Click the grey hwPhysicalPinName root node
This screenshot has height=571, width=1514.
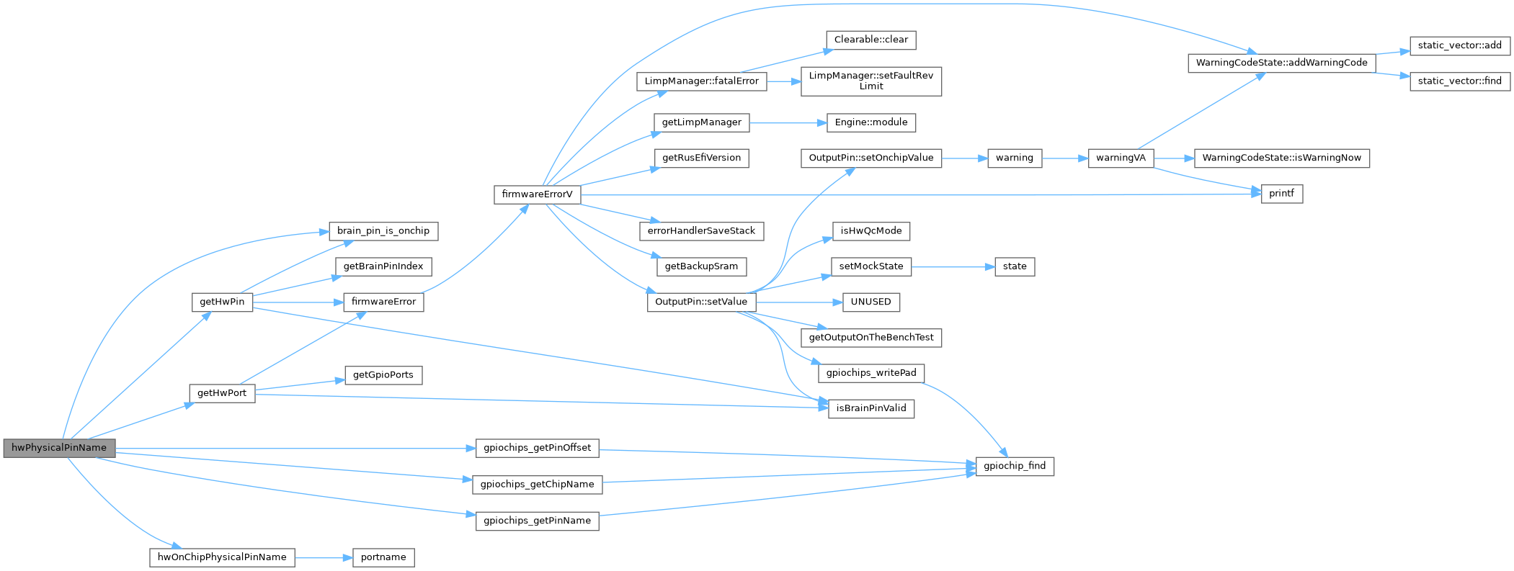click(59, 448)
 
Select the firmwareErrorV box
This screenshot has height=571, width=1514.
click(537, 194)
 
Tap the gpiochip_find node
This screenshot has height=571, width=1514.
click(1015, 466)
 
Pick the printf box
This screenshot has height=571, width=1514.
click(1281, 194)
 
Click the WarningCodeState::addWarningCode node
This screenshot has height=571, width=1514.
click(1281, 63)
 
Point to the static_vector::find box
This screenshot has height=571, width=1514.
click(1459, 81)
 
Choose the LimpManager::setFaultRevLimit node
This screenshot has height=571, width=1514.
click(870, 81)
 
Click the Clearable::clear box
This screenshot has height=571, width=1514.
click(870, 40)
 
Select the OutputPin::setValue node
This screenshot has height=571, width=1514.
click(700, 302)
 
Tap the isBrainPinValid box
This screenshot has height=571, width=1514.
click(870, 408)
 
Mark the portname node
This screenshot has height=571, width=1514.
click(383, 557)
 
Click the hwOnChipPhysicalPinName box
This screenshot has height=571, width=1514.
click(222, 557)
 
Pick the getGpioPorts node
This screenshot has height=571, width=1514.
click(383, 375)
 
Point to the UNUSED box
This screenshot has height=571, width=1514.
click(870, 302)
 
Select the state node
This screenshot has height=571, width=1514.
click(1015, 266)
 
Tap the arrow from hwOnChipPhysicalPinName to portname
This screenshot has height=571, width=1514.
click(324, 557)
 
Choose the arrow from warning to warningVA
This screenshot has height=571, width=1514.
click(1064, 158)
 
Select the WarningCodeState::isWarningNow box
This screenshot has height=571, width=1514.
click(1281, 158)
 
